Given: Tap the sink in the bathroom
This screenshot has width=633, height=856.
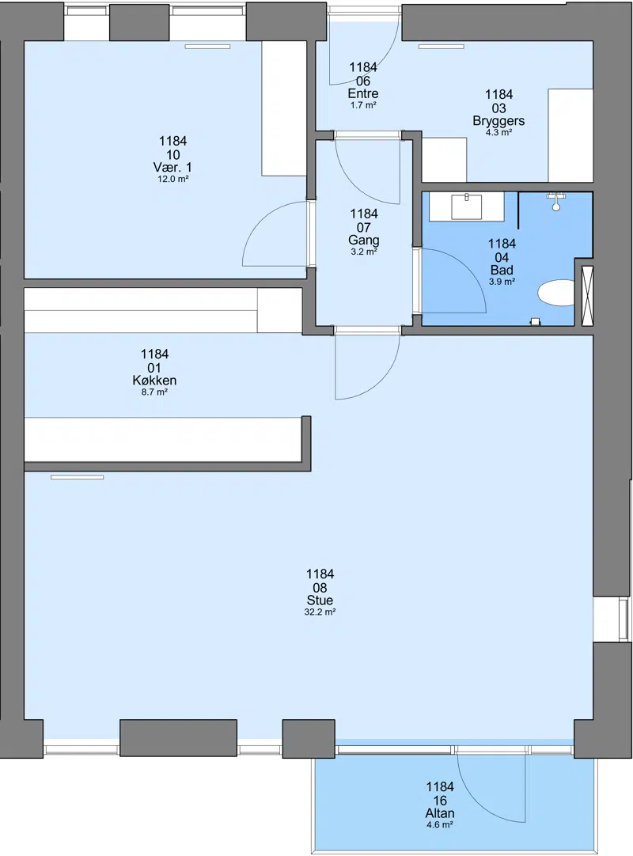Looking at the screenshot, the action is click(466, 206).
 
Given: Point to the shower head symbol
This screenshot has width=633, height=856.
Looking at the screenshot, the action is click(555, 202).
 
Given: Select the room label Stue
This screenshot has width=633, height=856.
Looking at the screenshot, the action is click(320, 600).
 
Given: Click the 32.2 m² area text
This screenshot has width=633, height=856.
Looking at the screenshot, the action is click(320, 612).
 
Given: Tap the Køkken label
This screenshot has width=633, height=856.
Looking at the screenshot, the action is click(154, 381).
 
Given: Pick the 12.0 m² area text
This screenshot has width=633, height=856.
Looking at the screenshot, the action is click(173, 179).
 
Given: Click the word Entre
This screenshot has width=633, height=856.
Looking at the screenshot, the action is click(363, 93).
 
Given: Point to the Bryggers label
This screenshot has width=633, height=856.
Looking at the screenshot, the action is click(498, 121).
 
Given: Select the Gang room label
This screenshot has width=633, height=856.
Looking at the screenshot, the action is click(364, 241).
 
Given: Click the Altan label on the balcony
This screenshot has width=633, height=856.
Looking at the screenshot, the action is click(440, 813).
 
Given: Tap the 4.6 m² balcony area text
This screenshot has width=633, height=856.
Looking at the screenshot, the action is click(440, 825).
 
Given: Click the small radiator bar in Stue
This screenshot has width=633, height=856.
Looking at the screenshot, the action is click(77, 477).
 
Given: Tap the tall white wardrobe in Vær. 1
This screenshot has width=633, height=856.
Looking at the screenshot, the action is click(284, 108).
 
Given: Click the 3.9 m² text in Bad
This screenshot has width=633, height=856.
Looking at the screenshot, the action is click(502, 282).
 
